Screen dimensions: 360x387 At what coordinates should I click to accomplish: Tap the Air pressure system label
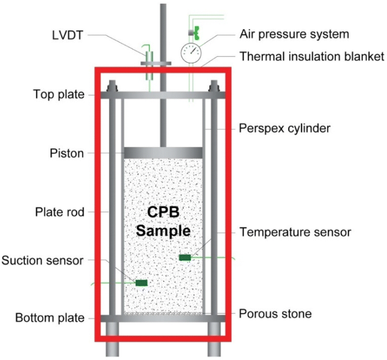point(294,34)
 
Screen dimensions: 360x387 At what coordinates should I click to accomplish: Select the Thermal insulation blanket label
point(312,57)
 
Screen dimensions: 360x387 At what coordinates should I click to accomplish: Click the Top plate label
point(59,94)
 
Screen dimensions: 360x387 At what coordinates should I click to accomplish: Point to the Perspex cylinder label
point(285,129)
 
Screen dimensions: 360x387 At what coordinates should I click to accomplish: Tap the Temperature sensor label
point(295,232)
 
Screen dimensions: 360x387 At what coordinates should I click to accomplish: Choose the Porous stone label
point(275,313)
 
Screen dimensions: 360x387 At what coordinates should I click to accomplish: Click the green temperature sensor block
point(185,258)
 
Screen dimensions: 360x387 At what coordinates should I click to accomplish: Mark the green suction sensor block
point(141,283)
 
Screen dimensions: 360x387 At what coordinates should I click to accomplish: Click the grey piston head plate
point(163,153)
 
